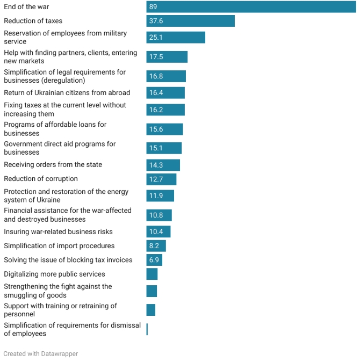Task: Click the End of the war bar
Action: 251,7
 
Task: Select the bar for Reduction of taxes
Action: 191,21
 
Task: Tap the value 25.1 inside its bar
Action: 156,38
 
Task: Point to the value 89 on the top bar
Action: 153,7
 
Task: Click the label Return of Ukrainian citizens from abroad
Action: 67,93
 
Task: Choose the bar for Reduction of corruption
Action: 161,179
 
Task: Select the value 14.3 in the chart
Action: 156,165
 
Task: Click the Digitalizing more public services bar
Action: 152,274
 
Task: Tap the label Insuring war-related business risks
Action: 58,232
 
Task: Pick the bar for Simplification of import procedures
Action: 156,246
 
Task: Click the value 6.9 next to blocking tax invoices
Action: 154,260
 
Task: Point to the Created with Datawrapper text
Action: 40,354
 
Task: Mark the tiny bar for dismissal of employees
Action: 147,330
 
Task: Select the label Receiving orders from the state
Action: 53,165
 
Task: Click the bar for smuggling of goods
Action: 152,291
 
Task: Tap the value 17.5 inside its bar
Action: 156,57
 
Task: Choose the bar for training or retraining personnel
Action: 151,310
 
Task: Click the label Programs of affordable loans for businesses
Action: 55,129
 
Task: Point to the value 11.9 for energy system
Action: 156,196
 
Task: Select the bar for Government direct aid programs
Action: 164,148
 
